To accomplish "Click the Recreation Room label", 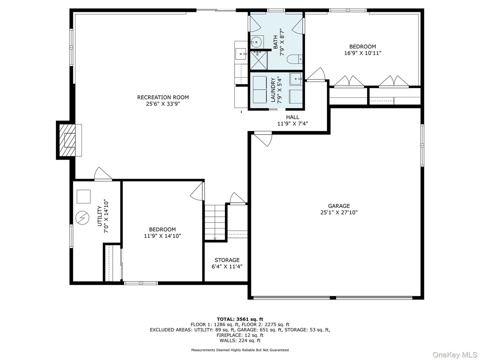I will [163, 97].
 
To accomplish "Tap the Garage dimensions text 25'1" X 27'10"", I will [339, 212].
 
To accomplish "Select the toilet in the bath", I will [295, 59].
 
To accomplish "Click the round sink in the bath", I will [256, 42].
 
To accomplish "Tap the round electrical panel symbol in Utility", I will [82, 218].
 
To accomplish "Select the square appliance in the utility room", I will [83, 196].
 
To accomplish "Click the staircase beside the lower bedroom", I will [215, 222].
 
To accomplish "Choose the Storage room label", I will [227, 260].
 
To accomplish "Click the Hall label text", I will [292, 117].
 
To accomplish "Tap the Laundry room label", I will [273, 90].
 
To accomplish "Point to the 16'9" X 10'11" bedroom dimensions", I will [363, 53].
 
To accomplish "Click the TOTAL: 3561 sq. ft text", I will [240, 319].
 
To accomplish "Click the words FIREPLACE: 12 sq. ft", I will [240, 335].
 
